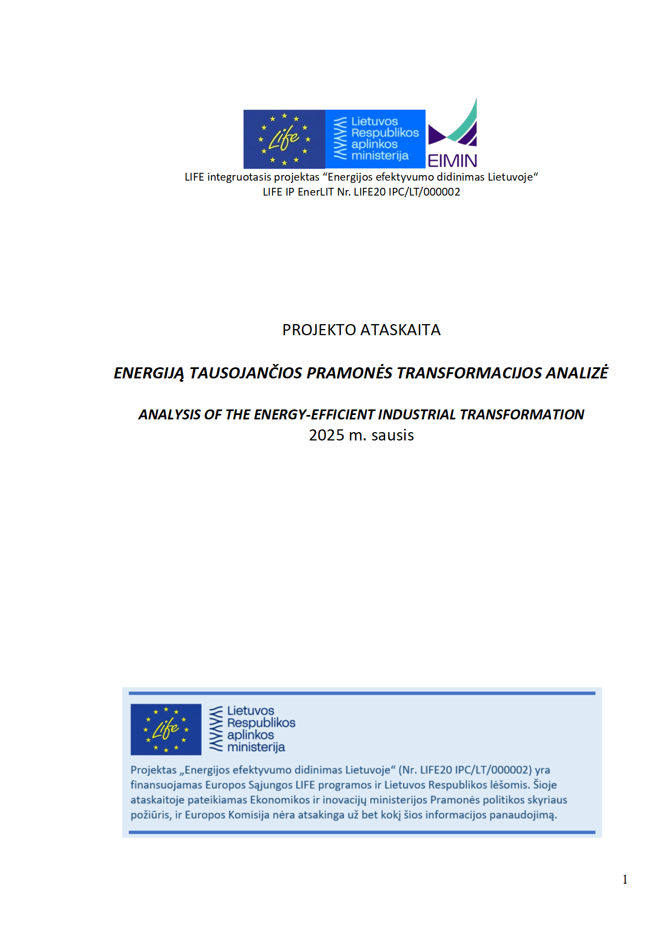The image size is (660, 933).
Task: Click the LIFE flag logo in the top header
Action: [284, 139]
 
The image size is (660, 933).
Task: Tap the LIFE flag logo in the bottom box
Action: [166, 729]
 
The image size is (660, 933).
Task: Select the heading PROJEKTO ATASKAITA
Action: [361, 330]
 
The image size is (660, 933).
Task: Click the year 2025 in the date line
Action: [326, 435]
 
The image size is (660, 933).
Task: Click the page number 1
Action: [625, 880]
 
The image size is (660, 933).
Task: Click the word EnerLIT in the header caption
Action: [316, 192]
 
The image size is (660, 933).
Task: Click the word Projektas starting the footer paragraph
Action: [154, 770]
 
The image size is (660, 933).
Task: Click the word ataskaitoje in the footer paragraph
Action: [157, 800]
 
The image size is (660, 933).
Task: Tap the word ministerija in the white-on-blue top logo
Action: [380, 156]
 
